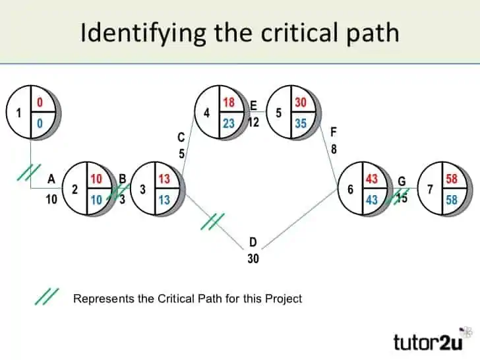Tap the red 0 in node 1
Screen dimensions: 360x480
(40, 103)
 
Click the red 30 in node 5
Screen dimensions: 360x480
(301, 103)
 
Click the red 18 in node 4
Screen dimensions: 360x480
(229, 103)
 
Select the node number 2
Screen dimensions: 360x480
(75, 189)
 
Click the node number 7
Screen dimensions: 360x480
(430, 189)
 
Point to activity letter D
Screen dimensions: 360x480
(253, 243)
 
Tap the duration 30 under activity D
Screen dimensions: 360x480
(253, 259)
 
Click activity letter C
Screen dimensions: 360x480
(181, 138)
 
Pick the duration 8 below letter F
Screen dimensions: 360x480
(334, 149)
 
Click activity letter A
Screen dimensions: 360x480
(51, 178)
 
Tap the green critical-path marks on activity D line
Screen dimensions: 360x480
(213, 221)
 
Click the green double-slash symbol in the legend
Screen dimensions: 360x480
(47, 297)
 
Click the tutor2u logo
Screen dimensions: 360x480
(434, 342)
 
